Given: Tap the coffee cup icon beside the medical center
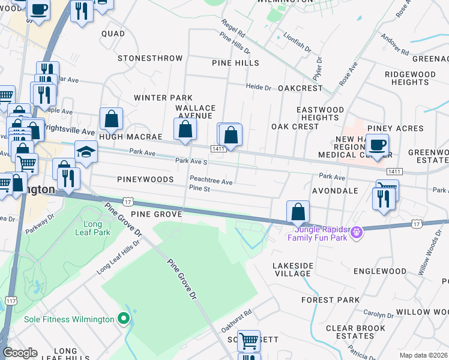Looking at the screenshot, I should [x=377, y=145].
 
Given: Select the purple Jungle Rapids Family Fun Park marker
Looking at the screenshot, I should [x=357, y=232].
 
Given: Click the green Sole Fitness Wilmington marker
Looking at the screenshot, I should [x=124, y=319].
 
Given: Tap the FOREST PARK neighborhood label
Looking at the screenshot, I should [x=330, y=299].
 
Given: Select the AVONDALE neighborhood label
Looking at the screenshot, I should [x=335, y=191].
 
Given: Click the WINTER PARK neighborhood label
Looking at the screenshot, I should [x=163, y=98].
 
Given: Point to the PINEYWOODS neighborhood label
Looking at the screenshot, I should [x=145, y=179].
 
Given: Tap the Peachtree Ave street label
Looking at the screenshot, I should [x=211, y=181].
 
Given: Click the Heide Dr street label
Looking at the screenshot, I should [x=259, y=87].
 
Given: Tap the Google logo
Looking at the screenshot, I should [x=20, y=353].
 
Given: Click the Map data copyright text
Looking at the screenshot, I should [x=423, y=355].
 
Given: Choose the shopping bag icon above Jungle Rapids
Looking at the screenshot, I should [x=298, y=211].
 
